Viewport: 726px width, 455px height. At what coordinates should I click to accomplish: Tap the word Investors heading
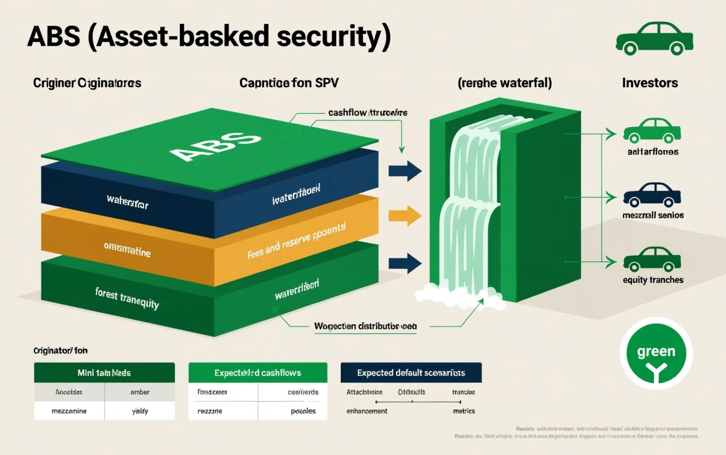coord(650,83)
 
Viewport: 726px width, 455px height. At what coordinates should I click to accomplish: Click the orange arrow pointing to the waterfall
coord(405,217)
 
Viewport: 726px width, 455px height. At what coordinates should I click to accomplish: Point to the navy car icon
coord(652,195)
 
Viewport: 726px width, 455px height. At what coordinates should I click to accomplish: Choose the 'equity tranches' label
coord(653,280)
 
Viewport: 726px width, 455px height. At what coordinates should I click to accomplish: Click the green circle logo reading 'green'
coord(656,353)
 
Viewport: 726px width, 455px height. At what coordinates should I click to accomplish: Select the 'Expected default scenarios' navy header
coord(411,372)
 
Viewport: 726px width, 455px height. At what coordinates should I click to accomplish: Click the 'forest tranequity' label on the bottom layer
coord(127,298)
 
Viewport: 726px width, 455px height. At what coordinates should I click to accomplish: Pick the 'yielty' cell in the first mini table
coord(140,411)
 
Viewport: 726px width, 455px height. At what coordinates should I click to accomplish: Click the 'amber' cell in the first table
coord(140,392)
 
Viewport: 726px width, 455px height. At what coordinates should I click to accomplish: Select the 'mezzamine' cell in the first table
coord(69,411)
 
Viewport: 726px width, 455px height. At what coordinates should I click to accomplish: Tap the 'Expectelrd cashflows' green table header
coord(257,372)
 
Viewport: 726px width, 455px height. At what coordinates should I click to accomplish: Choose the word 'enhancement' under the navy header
coord(367,411)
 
